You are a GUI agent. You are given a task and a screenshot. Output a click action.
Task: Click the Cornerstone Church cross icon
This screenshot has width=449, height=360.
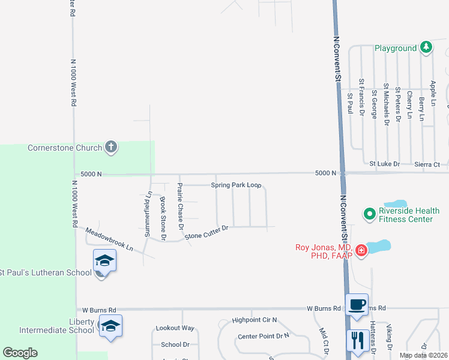tap(110, 146)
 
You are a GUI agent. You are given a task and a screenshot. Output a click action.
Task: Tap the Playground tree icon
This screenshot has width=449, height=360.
tap(426, 47)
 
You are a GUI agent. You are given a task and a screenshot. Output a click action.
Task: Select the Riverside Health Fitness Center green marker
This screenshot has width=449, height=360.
tap(369, 212)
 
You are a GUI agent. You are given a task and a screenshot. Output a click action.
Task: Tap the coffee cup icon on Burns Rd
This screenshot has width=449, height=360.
tap(357, 304)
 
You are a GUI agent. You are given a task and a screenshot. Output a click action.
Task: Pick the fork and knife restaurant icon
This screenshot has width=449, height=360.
tap(357, 340)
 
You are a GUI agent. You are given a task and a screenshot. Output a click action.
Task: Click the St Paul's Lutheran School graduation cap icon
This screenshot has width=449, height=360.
tap(104, 261)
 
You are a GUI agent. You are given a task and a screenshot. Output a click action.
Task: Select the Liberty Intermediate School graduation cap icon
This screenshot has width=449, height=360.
tap(110, 326)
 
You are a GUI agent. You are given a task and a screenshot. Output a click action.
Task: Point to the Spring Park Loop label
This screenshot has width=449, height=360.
tap(236, 185)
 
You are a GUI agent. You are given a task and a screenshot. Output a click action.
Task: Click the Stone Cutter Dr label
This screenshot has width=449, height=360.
tap(207, 232)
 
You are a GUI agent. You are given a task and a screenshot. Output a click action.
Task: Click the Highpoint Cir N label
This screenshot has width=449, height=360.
tap(255, 321)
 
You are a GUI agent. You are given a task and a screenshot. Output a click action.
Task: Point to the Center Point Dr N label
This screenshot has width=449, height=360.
tap(263, 337)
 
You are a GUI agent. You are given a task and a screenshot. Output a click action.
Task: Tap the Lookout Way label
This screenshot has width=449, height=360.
tap(175, 328)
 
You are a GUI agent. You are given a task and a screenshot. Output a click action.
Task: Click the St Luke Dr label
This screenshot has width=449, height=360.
tap(384, 163)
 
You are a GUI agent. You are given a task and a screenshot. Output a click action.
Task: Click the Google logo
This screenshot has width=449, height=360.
tap(20, 353)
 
